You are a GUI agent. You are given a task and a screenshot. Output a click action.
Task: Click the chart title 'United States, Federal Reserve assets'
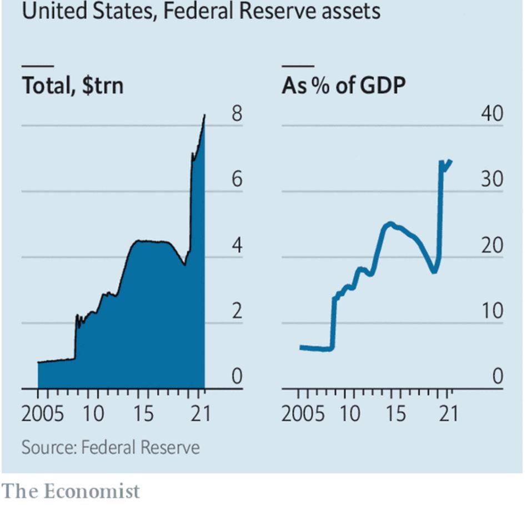point(201,11)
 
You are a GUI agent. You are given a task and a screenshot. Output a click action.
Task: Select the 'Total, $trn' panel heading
point(72,87)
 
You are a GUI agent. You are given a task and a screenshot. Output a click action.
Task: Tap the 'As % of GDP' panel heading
point(343,87)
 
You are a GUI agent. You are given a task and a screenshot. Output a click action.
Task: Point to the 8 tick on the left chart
point(237,114)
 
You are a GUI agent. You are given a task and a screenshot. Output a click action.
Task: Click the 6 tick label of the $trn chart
point(237,180)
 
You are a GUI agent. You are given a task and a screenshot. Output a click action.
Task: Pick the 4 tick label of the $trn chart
point(237,246)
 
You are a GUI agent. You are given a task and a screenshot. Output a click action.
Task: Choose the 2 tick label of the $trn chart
point(237,311)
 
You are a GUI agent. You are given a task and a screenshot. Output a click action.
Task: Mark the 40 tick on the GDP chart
point(492,114)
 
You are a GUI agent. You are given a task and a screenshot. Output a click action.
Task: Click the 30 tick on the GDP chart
point(492,180)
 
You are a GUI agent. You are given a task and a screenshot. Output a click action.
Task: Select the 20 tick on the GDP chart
point(492,246)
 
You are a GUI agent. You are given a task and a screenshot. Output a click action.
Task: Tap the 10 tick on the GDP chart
point(492,311)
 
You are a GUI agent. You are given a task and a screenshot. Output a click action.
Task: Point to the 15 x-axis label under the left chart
point(144,414)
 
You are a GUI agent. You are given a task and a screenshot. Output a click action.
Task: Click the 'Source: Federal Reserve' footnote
point(110,447)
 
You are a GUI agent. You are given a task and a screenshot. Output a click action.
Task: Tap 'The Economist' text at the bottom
point(71,491)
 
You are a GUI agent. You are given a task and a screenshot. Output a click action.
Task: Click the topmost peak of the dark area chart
point(204,115)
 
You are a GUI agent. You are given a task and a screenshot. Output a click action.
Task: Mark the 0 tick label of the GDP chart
point(497,377)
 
